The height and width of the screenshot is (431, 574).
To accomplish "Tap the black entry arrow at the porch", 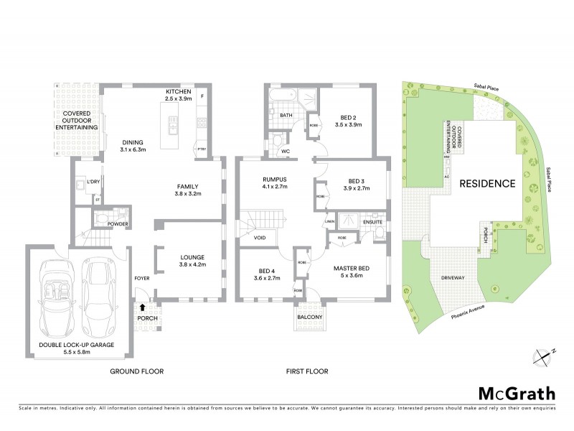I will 142,307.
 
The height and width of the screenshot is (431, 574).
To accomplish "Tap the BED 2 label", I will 349,119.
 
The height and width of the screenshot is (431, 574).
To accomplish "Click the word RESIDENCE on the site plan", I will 488,183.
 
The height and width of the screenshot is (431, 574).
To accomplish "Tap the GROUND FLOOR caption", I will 136,371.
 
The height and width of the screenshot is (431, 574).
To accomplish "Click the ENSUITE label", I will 372,223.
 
